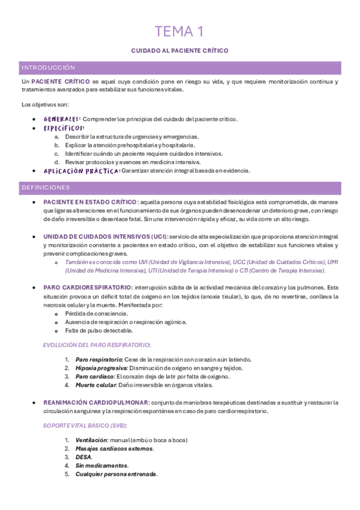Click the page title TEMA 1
pos(180,31)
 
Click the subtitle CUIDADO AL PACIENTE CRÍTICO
pos(180,51)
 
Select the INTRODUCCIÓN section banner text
pos(48,68)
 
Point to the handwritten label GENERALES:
pos(62,119)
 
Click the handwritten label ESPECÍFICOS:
pos(64,127)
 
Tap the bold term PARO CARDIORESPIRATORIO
pos(87,287)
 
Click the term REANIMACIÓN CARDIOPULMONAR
pos(95,402)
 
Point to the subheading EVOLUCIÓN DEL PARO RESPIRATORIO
pos(96,345)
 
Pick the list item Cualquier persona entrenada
pos(116,474)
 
